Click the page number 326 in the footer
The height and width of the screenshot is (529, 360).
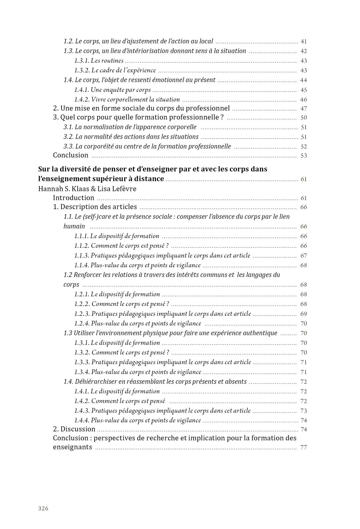[x=43, y=508]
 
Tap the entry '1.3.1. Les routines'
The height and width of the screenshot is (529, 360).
[x=99, y=61]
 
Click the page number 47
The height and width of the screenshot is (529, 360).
[x=304, y=109]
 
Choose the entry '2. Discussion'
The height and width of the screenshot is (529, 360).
[x=74, y=429]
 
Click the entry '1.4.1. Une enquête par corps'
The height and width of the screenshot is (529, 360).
[x=112, y=90]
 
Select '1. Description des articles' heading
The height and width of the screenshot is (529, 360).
[x=95, y=207]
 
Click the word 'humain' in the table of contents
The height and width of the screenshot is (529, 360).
[x=74, y=226]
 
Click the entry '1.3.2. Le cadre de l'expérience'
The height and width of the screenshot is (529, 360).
[x=115, y=70]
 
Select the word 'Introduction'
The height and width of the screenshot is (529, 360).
[x=74, y=198]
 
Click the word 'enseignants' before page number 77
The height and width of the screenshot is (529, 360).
[x=73, y=447]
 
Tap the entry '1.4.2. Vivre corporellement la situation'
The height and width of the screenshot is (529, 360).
[x=127, y=100]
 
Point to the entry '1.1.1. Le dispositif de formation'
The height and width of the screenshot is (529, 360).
[x=117, y=236]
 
